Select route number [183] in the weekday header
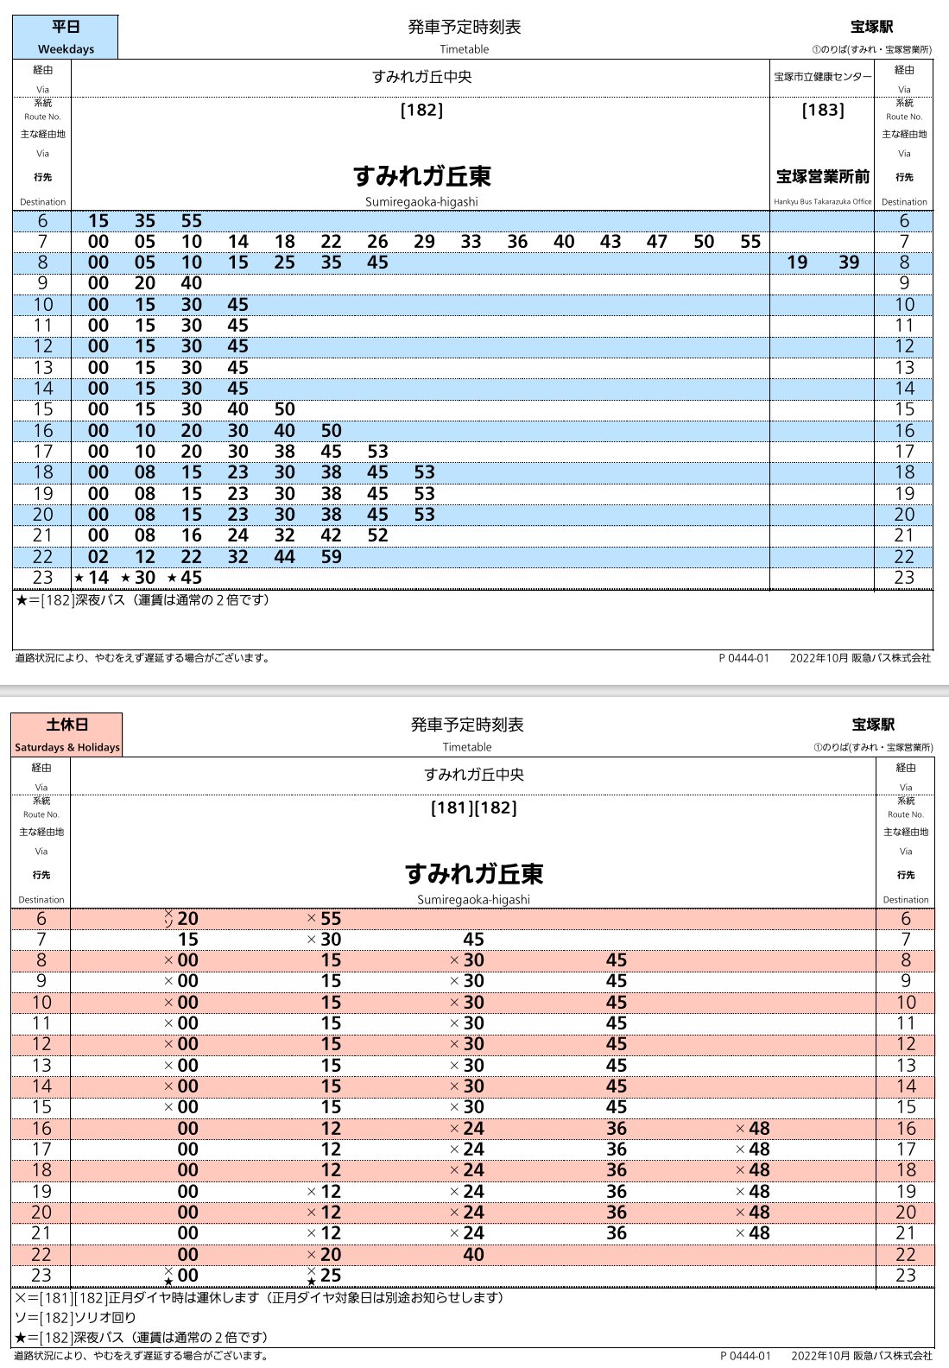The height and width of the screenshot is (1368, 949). point(823,110)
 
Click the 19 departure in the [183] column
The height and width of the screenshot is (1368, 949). point(797,263)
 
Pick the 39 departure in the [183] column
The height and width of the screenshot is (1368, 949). point(849,263)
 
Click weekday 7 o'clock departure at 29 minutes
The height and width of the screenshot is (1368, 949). point(424,242)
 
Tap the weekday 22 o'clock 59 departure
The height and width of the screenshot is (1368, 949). point(331,557)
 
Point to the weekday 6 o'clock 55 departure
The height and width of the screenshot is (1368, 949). point(191,221)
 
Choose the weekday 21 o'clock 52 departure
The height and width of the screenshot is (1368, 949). point(377,535)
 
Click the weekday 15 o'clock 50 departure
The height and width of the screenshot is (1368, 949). point(284,409)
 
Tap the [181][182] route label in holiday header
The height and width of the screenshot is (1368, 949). point(473,808)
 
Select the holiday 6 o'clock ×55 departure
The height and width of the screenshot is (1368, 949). point(330,919)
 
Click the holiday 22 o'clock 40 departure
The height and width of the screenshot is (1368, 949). point(473,1255)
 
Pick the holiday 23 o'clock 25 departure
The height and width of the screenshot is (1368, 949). point(330,1276)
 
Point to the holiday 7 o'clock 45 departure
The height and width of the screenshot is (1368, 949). point(473,940)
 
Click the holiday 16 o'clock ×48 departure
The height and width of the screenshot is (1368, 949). point(758,1129)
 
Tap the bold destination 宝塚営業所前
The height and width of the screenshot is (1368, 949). point(823,176)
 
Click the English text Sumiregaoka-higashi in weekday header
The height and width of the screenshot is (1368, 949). point(421,202)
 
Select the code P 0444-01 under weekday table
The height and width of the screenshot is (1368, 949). point(743,658)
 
